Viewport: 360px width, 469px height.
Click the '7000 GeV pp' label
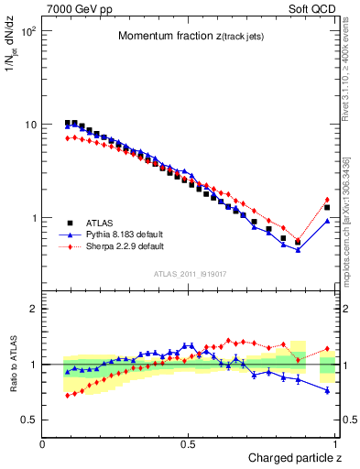77,7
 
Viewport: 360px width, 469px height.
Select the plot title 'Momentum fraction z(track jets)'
191,36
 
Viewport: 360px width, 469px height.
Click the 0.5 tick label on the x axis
188,443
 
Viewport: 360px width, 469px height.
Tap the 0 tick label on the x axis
43,443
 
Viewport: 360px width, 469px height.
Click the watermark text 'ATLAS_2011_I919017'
190,274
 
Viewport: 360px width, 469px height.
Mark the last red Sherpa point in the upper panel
327,200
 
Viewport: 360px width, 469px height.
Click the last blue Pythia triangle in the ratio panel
327,390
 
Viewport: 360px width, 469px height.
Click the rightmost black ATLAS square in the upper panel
327,208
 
